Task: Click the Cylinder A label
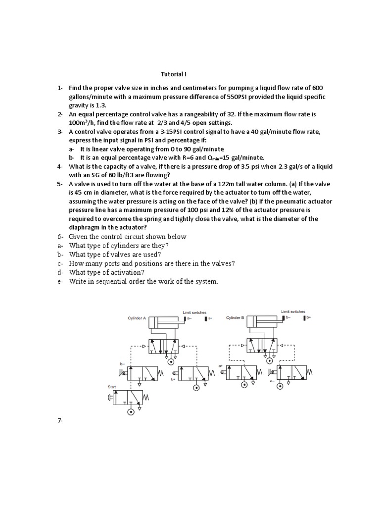137,318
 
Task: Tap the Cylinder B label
236,318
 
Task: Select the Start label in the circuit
112,387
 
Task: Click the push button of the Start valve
109,396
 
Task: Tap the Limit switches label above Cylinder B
293,311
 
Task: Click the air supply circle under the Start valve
131,411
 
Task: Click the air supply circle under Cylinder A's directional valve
171,367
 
